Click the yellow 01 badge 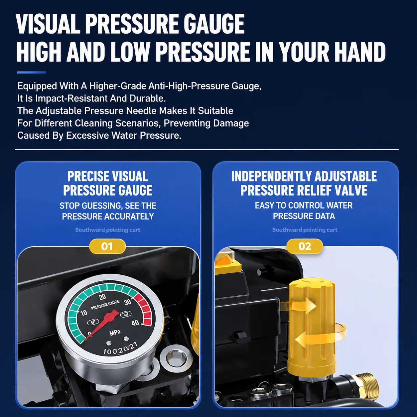pyautogui.click(x=107, y=246)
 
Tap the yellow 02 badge pyautogui.click(x=305, y=246)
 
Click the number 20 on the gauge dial pyautogui.click(x=102, y=297)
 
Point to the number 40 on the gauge pyautogui.click(x=135, y=323)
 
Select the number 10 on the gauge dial pyautogui.click(x=83, y=313)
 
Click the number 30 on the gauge pyautogui.click(x=128, y=302)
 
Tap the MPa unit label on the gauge pyautogui.click(x=115, y=333)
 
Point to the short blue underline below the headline pyautogui.click(x=31, y=72)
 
